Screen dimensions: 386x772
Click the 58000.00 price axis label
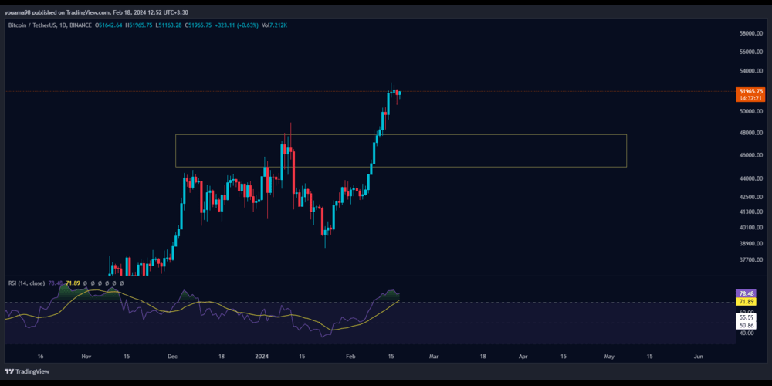click(x=750, y=33)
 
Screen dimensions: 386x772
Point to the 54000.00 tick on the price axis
click(x=750, y=71)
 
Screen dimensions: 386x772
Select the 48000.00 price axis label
click(x=750, y=133)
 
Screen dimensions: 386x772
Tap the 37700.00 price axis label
click(x=750, y=260)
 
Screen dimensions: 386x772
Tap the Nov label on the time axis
click(x=86, y=357)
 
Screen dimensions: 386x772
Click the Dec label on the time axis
click(x=172, y=357)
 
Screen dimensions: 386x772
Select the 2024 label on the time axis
click(x=262, y=357)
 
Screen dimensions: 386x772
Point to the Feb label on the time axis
click(x=352, y=357)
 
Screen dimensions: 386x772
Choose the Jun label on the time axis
click(x=699, y=357)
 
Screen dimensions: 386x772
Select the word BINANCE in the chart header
click(x=80, y=25)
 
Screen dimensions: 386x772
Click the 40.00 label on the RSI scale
click(x=747, y=334)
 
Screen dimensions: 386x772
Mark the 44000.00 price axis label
click(x=750, y=178)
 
